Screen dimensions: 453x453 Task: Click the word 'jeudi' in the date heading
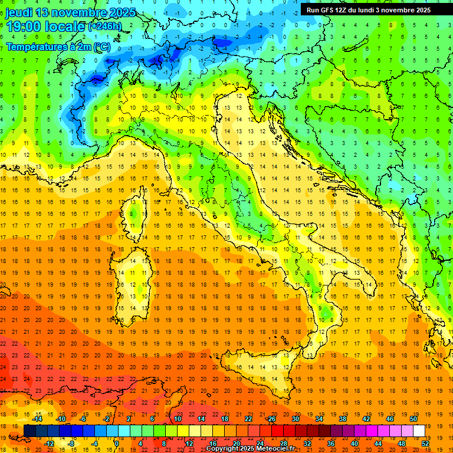coord(18,12)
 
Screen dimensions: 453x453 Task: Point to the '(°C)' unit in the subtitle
coord(101,46)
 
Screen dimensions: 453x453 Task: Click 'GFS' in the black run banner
coord(330,10)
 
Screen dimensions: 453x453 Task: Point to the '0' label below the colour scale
coord(117,444)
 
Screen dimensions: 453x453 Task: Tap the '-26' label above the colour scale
coord(271,419)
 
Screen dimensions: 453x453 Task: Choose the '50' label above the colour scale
coord(413,419)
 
